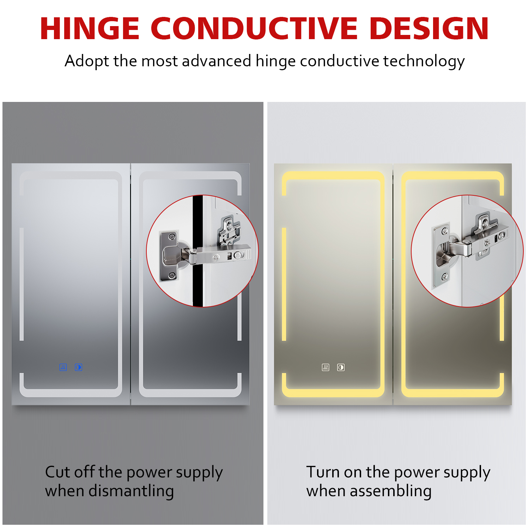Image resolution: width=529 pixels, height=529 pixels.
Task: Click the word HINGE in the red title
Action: pos(90,29)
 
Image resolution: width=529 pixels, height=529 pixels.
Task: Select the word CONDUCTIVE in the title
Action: pos(254,29)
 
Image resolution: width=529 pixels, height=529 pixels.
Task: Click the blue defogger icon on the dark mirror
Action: pos(63,367)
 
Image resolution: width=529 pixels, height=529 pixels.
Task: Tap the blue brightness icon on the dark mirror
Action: pos(78,367)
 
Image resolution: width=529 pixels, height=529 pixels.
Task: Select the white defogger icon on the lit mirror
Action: pos(326,367)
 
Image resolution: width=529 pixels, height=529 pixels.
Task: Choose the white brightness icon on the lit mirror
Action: pos(341,367)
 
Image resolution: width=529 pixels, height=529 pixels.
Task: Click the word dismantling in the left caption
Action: pos(131,491)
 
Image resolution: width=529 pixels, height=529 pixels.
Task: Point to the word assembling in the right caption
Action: pos(391,491)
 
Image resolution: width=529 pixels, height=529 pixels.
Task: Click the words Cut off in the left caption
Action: pos(70,472)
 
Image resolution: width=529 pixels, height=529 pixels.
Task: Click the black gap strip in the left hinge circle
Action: pos(198,251)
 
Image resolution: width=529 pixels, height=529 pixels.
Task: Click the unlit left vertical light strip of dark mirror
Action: pos(22,284)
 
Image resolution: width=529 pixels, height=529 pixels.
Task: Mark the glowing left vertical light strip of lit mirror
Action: pos(284,284)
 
